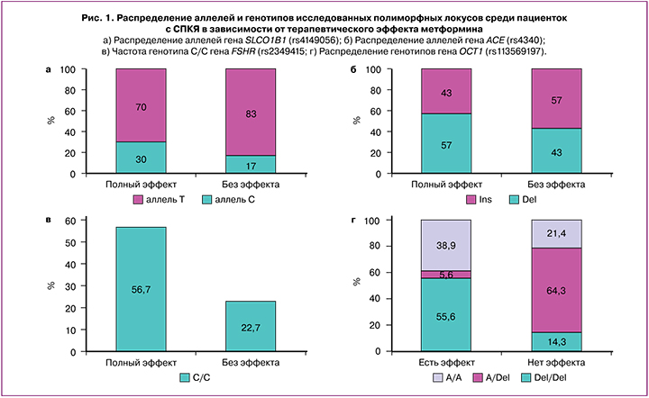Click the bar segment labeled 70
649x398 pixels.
[140, 104]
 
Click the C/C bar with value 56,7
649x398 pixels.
[140, 291]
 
